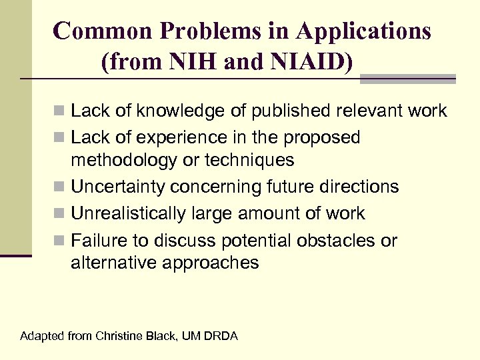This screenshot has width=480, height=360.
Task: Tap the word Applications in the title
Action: [x=364, y=31]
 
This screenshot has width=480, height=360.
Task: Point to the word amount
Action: [x=251, y=213]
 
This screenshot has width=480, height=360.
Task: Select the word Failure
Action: [x=97, y=240]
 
